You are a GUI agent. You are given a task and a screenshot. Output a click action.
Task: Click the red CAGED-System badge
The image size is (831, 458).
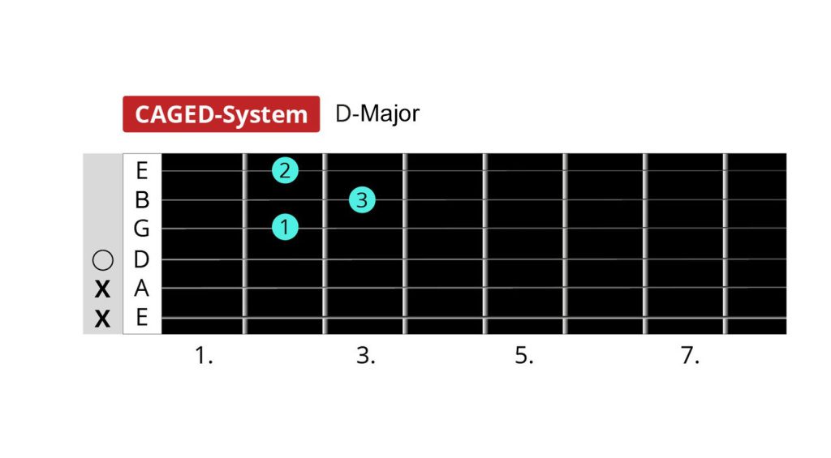click(x=221, y=113)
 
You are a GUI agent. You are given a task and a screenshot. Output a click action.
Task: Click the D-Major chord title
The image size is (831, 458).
click(x=377, y=113)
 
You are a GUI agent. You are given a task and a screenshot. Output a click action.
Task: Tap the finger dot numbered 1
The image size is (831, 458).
click(x=285, y=227)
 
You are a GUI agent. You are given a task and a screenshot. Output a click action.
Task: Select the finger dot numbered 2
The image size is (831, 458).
click(x=285, y=170)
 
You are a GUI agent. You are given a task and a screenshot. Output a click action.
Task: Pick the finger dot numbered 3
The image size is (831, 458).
click(x=363, y=200)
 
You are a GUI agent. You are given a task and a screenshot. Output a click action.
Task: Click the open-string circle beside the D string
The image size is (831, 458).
click(x=103, y=260)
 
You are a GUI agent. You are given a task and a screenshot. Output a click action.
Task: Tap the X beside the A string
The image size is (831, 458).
click(x=102, y=289)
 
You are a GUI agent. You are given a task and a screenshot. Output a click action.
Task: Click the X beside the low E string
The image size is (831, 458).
click(x=102, y=319)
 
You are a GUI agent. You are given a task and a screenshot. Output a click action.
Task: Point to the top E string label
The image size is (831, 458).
click(x=141, y=170)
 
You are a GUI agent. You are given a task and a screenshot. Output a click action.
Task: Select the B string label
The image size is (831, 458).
click(x=141, y=200)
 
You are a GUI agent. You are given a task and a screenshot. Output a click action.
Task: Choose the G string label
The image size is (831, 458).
click(x=141, y=229)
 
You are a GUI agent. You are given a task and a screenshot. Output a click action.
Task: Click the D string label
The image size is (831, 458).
click(x=141, y=259)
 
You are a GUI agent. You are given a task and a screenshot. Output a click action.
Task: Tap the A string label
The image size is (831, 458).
click(x=141, y=289)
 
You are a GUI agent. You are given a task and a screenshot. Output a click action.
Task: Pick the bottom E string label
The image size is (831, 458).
click(x=141, y=318)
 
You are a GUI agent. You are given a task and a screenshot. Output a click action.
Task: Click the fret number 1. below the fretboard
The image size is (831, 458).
click(x=204, y=355)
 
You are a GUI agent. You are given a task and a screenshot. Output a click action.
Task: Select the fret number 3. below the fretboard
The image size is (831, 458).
click(x=366, y=355)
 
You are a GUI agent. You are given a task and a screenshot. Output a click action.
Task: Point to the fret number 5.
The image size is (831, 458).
click(x=524, y=355)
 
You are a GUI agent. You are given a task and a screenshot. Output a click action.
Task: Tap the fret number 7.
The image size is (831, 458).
click(x=690, y=355)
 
